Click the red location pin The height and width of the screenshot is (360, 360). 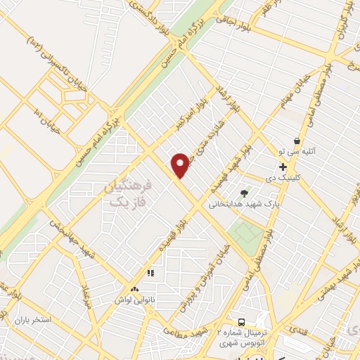point(181,165)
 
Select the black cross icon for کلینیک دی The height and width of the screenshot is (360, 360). point(283,167)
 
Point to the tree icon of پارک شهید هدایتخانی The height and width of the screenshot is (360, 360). point(245,193)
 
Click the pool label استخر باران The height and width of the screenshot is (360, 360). point(32,320)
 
